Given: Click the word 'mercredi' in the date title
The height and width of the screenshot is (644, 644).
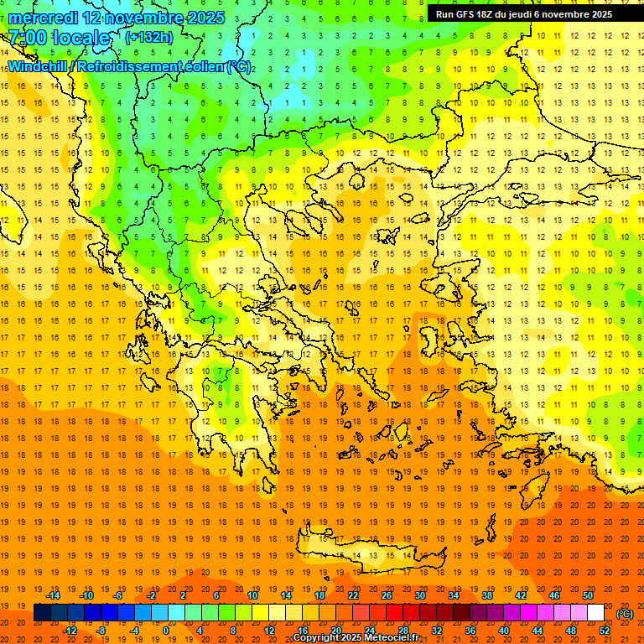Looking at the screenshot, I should [42, 18].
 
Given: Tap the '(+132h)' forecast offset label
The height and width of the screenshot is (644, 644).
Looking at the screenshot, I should [148, 37].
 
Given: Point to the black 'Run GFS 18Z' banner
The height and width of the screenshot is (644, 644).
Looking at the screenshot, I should [523, 14].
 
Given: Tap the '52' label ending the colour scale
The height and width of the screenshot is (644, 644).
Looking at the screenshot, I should [605, 631].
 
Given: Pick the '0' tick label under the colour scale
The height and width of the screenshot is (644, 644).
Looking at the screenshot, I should [166, 631].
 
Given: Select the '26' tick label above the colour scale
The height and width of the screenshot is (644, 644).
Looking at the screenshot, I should [387, 595].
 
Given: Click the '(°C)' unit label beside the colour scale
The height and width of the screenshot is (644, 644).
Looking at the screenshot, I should [625, 614].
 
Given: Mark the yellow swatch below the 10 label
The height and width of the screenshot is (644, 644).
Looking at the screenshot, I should [252, 613].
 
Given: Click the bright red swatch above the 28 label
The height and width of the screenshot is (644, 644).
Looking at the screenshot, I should [403, 613].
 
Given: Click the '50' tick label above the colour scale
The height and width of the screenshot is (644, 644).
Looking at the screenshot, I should [587, 595].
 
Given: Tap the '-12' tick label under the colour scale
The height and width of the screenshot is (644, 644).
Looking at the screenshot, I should [70, 631].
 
